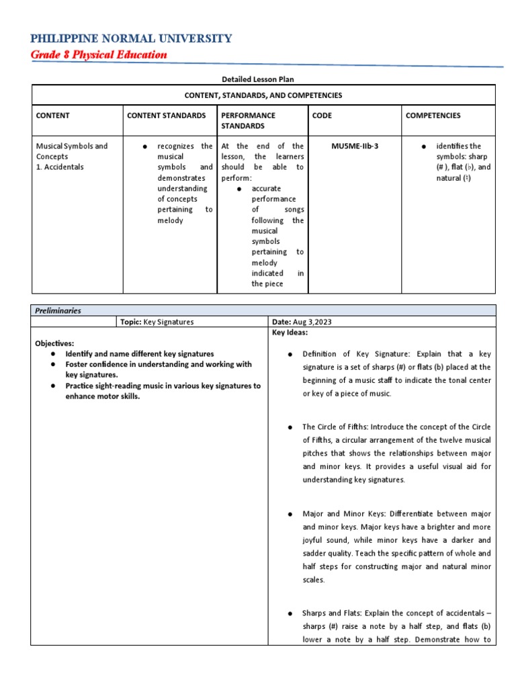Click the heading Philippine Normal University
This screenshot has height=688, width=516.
(132, 38)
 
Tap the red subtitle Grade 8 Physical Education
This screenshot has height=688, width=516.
(99, 55)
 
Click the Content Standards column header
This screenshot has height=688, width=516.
(167, 116)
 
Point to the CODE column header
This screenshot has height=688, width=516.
(322, 116)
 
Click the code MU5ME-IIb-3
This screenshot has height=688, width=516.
(355, 146)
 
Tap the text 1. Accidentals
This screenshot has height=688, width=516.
(60, 167)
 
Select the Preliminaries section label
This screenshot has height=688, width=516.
(59, 311)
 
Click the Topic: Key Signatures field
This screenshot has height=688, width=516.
(157, 322)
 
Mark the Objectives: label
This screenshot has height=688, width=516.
(54, 343)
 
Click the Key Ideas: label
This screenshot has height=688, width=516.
(290, 333)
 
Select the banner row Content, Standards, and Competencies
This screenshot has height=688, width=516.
(263, 95)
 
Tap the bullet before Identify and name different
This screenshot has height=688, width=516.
(52, 353)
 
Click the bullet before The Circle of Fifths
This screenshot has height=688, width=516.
(290, 427)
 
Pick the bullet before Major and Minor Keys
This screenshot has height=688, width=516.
(290, 514)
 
